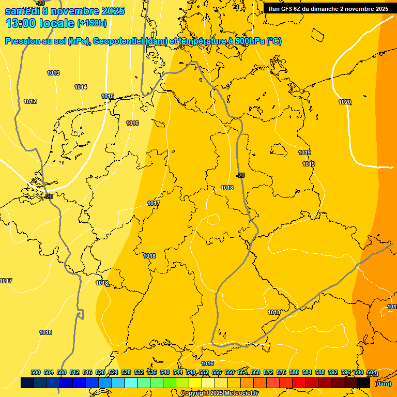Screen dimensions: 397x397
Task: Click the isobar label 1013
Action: tap(53, 73)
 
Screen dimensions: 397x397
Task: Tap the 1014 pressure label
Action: tap(81, 87)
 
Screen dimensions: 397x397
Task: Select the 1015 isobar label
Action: tap(108, 96)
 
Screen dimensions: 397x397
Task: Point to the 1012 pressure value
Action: tap(30, 101)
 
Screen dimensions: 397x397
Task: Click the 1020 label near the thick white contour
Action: tap(345, 102)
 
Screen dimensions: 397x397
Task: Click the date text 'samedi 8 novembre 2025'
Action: tap(65, 11)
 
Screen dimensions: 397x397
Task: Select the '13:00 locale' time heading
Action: tap(40, 23)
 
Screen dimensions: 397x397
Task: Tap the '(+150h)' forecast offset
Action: tap(92, 23)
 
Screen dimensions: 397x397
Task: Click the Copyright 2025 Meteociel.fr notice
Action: tap(219, 393)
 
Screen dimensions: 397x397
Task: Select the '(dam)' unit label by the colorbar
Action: tap(383, 384)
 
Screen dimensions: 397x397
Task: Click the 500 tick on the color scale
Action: tap(36, 372)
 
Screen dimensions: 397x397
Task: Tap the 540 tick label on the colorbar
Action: tap(165, 372)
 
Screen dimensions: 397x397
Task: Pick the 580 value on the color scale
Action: tap(294, 372)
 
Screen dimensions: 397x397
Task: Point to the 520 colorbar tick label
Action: tap(100, 372)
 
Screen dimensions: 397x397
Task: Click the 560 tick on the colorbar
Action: tap(230, 372)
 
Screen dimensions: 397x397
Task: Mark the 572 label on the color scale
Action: tap(268, 372)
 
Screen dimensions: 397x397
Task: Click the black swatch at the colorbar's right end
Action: tap(363, 383)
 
